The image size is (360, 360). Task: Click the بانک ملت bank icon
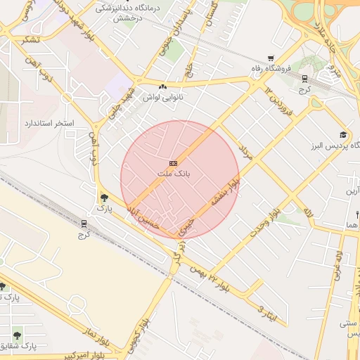(174, 162)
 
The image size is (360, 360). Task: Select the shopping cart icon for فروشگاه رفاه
(271, 58)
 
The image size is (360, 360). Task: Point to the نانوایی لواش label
(163, 98)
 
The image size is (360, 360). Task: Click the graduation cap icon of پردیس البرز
(343, 135)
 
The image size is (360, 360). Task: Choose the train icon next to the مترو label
(304, 79)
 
